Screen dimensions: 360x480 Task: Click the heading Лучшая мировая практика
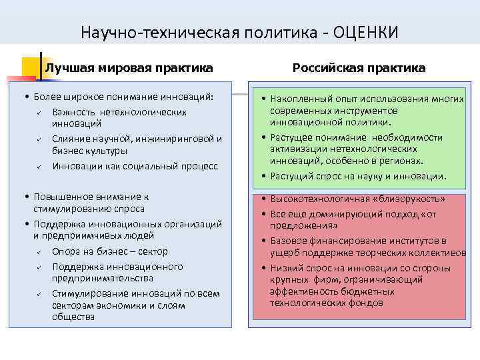click(129, 68)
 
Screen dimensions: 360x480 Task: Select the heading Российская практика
click(359, 68)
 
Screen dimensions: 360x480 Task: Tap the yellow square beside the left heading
click(31, 67)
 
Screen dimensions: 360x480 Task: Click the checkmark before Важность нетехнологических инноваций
click(39, 112)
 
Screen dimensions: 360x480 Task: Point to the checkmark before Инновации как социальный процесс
click(39, 166)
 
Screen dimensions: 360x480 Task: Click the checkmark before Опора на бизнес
click(39, 251)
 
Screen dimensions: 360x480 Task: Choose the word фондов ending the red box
click(366, 303)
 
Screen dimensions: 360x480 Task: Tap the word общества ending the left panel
click(73, 317)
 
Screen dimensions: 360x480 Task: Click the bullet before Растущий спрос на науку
click(264, 176)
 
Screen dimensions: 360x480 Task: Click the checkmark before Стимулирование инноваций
click(39, 293)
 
